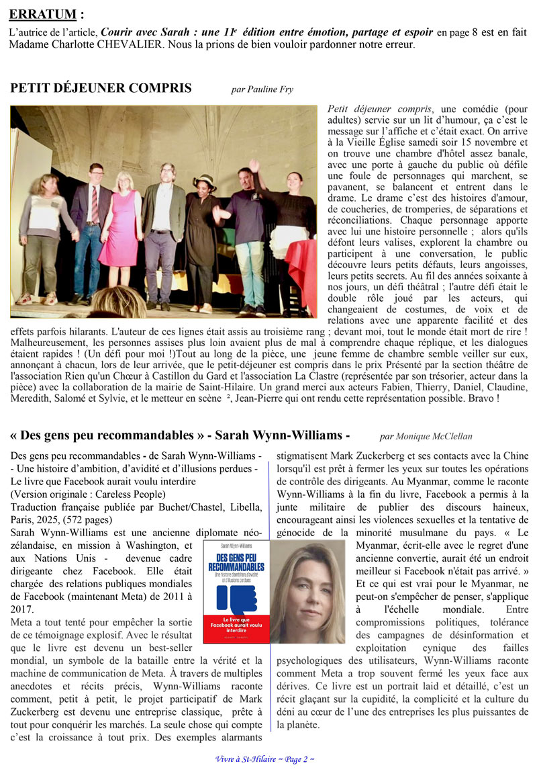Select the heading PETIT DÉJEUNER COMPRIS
[101, 88]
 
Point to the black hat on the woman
[203, 181]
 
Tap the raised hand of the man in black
[254, 165]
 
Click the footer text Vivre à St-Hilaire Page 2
[264, 759]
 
